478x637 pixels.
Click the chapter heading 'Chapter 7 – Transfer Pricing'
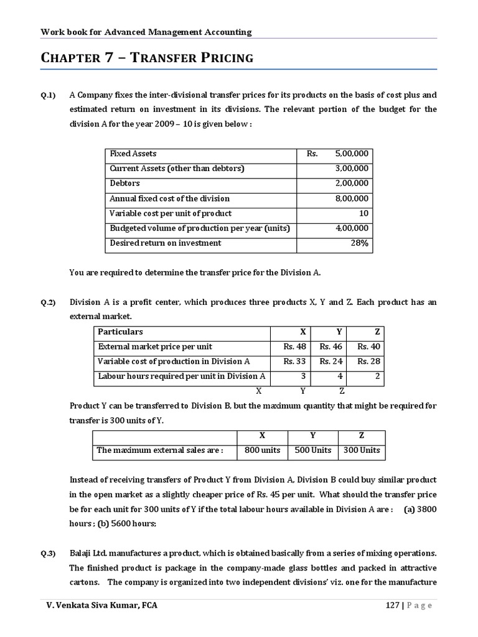(x=147, y=58)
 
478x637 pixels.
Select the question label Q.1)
(x=49, y=96)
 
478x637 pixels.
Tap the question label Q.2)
(x=49, y=303)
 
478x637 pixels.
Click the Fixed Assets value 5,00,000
(x=351, y=154)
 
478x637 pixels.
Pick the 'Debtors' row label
(x=124, y=184)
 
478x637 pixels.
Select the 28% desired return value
(x=359, y=243)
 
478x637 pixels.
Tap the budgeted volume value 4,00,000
(x=352, y=228)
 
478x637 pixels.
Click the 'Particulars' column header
(x=120, y=332)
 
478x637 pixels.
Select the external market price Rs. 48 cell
(x=294, y=346)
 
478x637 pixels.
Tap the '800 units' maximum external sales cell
(x=262, y=450)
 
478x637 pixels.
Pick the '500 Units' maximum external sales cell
(x=312, y=450)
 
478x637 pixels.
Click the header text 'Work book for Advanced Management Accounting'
(x=146, y=32)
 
